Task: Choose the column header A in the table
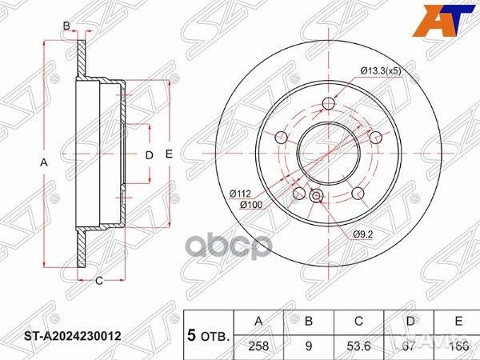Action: pyautogui.click(x=258, y=321)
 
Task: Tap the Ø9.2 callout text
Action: pyautogui.click(x=362, y=234)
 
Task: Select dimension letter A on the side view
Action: pyautogui.click(x=45, y=162)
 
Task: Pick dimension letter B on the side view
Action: pyautogui.click(x=66, y=26)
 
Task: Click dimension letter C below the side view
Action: pyautogui.click(x=98, y=279)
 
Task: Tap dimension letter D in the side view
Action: pyautogui.click(x=148, y=154)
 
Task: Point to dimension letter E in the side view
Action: pyautogui.click(x=169, y=154)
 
